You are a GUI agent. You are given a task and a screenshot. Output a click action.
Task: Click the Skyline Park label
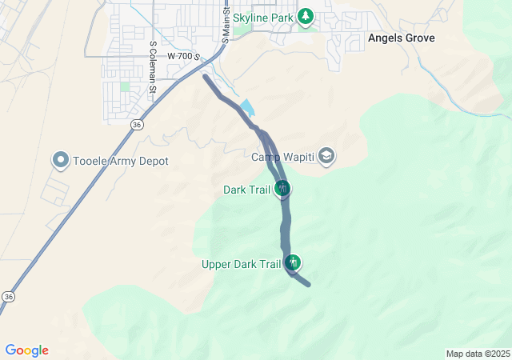[x=262, y=16]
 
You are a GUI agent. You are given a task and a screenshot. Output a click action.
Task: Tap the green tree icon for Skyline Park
[x=305, y=16]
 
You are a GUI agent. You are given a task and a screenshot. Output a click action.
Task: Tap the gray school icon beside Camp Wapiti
[x=326, y=155]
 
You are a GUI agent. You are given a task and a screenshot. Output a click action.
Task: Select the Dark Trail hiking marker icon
[x=282, y=189]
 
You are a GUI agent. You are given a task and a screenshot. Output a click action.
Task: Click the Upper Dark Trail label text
[x=241, y=263]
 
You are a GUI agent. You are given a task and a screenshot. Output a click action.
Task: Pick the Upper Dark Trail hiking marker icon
[x=293, y=262]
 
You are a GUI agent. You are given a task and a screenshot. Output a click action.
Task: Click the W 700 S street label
[x=183, y=57]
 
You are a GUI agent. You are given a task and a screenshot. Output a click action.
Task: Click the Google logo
[x=26, y=350]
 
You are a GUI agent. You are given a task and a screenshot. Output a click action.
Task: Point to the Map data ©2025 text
[x=478, y=354]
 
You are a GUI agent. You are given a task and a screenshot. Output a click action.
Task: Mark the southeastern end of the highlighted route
[x=308, y=283]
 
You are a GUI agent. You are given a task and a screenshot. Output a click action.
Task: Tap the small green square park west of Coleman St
[x=125, y=86]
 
